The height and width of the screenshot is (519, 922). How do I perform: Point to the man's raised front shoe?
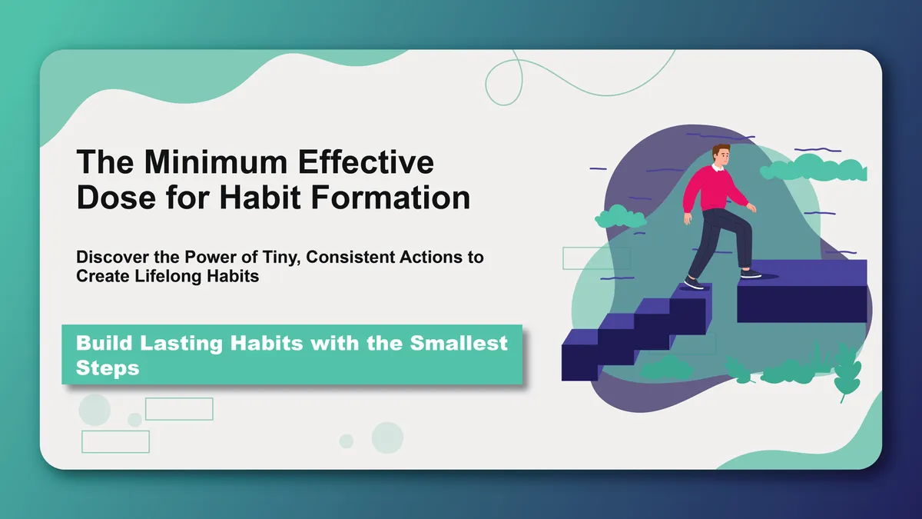(751, 272)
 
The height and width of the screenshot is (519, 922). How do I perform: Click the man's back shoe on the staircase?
(693, 283)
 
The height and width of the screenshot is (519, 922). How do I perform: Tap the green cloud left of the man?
(620, 217)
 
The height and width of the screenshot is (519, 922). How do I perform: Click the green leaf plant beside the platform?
(847, 369)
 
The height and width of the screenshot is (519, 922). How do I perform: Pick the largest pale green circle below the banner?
(95, 409)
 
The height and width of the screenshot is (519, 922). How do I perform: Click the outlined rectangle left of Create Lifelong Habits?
(585, 258)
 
